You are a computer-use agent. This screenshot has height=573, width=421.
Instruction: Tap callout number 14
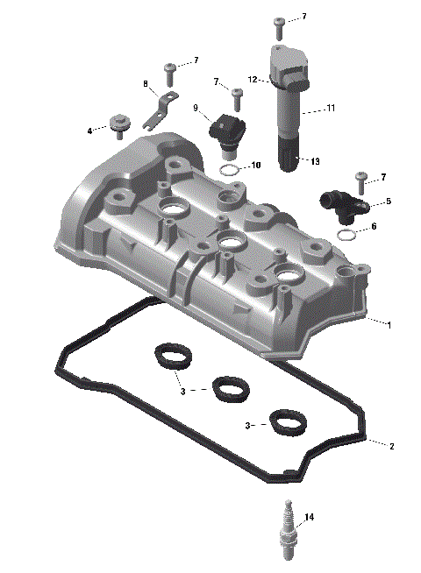point(308,517)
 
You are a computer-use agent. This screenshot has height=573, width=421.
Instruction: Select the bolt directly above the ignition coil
point(279,21)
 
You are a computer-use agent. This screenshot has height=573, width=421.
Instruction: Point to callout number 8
point(146,84)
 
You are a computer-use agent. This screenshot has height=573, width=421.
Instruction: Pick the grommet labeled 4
point(117,124)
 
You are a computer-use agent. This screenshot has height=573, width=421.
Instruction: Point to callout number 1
point(389,324)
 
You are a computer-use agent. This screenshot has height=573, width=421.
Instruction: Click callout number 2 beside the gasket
point(391,446)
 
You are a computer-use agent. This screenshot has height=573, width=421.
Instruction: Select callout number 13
point(315,160)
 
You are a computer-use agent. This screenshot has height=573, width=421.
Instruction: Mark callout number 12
point(251,80)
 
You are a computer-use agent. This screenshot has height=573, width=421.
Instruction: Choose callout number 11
point(331,108)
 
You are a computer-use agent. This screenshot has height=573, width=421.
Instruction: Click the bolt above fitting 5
point(360,181)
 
